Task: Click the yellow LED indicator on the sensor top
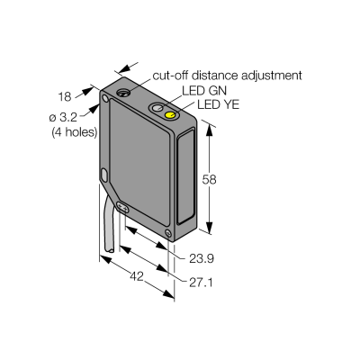pos(171,115)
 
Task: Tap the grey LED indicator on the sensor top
pos(157,108)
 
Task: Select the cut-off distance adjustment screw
pos(122,93)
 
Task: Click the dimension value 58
pos(209,179)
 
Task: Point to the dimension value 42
pos(137,276)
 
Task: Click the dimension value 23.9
pos(202,258)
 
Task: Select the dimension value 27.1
pos(201,283)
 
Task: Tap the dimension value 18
pos(65,96)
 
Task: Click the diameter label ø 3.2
pos(63,117)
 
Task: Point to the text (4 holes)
pos(75,132)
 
